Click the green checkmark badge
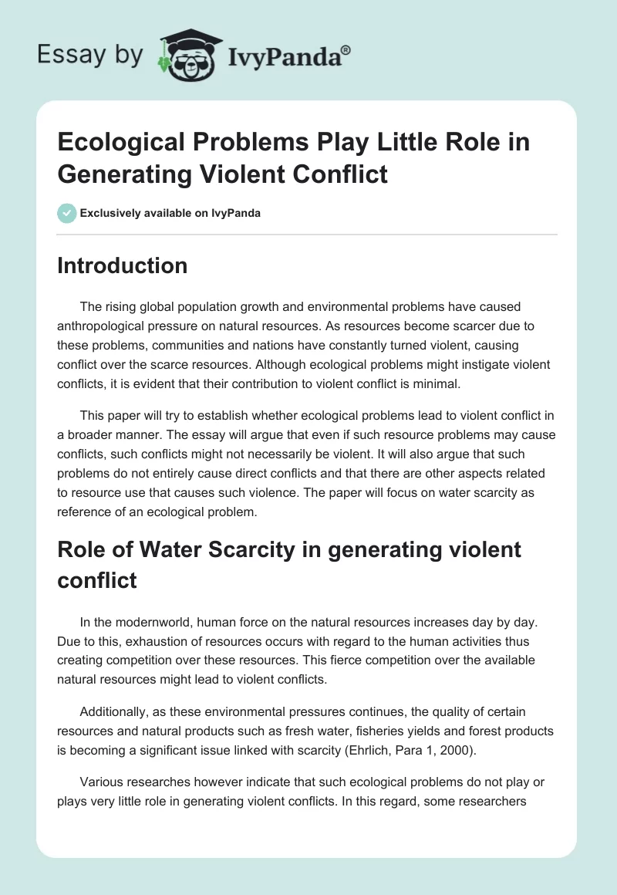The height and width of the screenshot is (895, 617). click(x=67, y=213)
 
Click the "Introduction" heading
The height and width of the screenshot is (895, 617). click(x=123, y=265)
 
